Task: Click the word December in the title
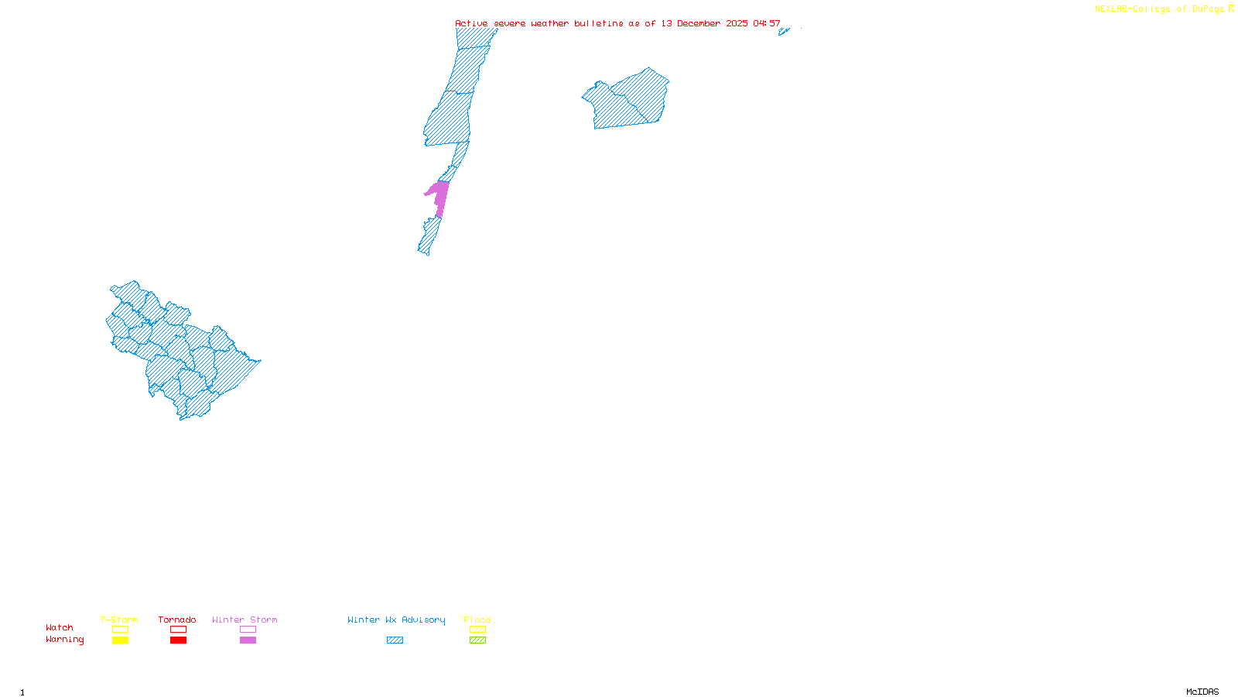click(x=699, y=23)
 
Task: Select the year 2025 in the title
click(x=737, y=23)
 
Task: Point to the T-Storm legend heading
click(x=119, y=620)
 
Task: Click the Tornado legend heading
click(x=177, y=620)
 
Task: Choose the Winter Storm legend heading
click(x=245, y=620)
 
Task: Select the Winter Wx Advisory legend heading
click(x=396, y=620)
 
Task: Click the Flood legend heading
click(x=477, y=620)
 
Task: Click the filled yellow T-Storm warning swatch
click(x=120, y=640)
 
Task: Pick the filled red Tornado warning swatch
click(x=179, y=640)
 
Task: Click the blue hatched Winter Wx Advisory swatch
click(x=395, y=640)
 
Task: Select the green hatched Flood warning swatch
click(x=478, y=640)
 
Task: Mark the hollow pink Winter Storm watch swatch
click(x=248, y=630)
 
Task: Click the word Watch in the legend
click(x=60, y=627)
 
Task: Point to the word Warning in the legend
click(x=65, y=640)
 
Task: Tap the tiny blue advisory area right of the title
click(x=783, y=32)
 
